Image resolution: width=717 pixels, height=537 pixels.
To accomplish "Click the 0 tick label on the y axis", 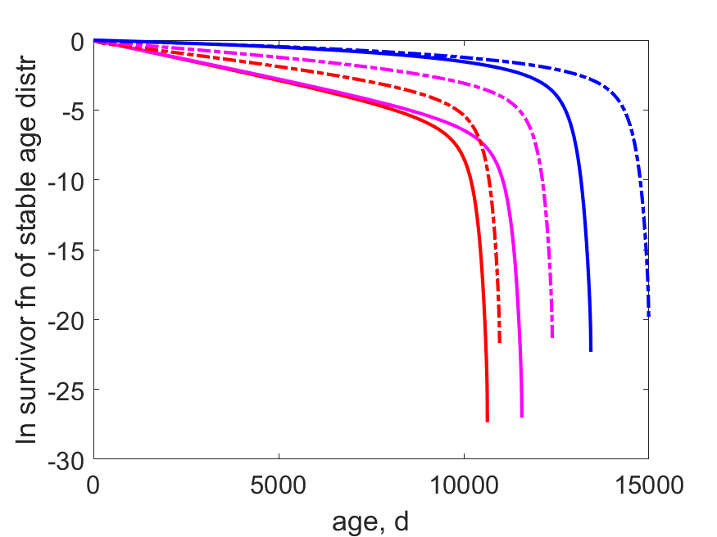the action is [78, 42].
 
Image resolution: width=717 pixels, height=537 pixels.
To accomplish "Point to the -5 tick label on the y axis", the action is [73, 111].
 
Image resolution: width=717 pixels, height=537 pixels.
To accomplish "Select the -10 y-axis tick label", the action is [66, 182].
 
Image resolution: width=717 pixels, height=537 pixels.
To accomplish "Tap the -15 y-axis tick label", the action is [66, 251].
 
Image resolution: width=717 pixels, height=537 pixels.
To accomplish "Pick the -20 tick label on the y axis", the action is [66, 321].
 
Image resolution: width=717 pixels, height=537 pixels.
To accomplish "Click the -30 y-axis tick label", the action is [66, 461].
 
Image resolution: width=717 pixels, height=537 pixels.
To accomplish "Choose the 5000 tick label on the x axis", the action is [278, 485].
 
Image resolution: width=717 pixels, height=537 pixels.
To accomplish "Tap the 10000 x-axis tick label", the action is [464, 485].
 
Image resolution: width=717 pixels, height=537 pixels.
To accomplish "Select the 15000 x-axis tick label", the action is [649, 485].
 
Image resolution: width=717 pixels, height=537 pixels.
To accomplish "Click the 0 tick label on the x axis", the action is [93, 485].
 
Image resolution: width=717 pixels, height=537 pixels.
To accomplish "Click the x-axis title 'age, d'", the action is [370, 521].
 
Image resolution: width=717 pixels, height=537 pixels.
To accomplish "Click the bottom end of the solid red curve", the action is [488, 421].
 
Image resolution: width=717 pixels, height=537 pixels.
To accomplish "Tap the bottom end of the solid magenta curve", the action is [522, 416].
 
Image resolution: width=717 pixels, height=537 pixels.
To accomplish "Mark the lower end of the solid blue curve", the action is [591, 350].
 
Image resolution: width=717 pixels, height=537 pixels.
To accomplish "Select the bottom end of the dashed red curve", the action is [499, 342].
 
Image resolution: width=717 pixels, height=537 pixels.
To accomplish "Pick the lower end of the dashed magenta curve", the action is [552, 337].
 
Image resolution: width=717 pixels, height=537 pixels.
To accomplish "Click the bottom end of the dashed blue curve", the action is [648, 315].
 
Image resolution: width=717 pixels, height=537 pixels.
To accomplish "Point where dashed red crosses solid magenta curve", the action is [479, 140].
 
